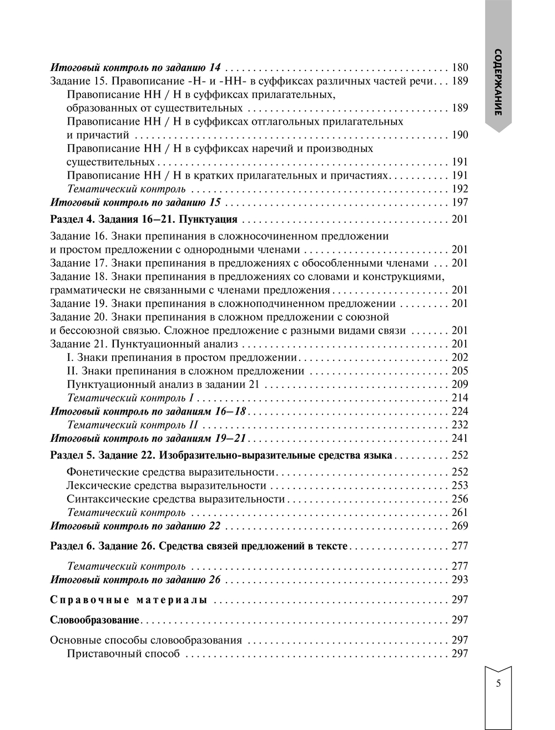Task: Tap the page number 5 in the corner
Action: click(498, 683)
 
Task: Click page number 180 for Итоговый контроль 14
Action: click(460, 68)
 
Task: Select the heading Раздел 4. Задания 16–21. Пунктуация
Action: click(144, 219)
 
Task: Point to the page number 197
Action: click(460, 202)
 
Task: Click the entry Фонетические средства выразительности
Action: click(170, 472)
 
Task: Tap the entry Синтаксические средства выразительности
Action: click(175, 499)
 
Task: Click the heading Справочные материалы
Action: click(129, 600)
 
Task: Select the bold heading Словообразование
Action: click(94, 620)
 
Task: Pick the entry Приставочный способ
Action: click(123, 654)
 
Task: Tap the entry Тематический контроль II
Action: click(132, 425)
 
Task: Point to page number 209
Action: click(460, 385)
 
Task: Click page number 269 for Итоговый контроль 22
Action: click(460, 527)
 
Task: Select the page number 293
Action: click(460, 580)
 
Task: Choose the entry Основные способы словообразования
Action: click(146, 640)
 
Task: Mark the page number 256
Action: click(460, 499)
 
